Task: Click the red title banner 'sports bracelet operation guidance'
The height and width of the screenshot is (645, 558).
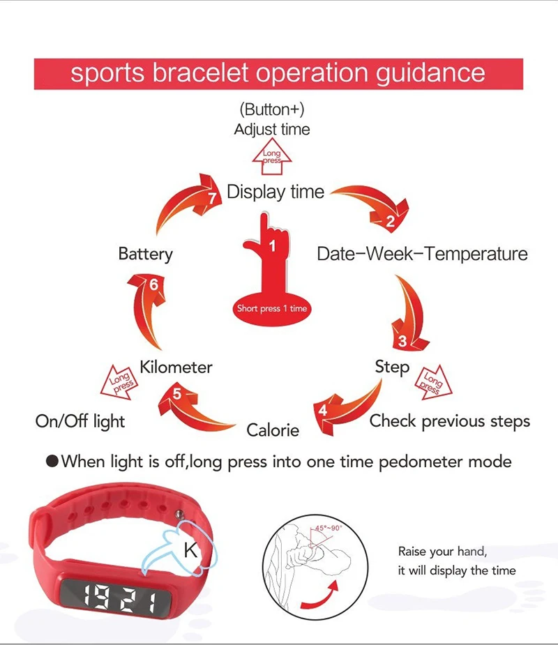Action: pyautogui.click(x=278, y=74)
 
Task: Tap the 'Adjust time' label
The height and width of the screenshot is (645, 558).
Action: pyautogui.click(x=272, y=130)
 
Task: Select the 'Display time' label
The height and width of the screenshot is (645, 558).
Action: pyautogui.click(x=276, y=192)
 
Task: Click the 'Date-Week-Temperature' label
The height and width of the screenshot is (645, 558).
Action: pyautogui.click(x=422, y=253)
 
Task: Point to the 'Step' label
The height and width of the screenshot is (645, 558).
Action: pyautogui.click(x=392, y=366)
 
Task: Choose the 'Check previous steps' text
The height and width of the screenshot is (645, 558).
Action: pyautogui.click(x=449, y=421)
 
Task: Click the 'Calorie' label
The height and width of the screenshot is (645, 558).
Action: pyautogui.click(x=273, y=430)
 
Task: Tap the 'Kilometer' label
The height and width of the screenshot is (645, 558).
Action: pyautogui.click(x=176, y=367)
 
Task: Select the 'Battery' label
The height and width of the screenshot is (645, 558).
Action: pyautogui.click(x=145, y=253)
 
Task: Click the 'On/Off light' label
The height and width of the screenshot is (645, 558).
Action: pyautogui.click(x=80, y=421)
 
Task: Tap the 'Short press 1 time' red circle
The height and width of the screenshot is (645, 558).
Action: pyautogui.click(x=272, y=308)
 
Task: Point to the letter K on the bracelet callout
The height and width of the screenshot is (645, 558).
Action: pyautogui.click(x=188, y=550)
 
